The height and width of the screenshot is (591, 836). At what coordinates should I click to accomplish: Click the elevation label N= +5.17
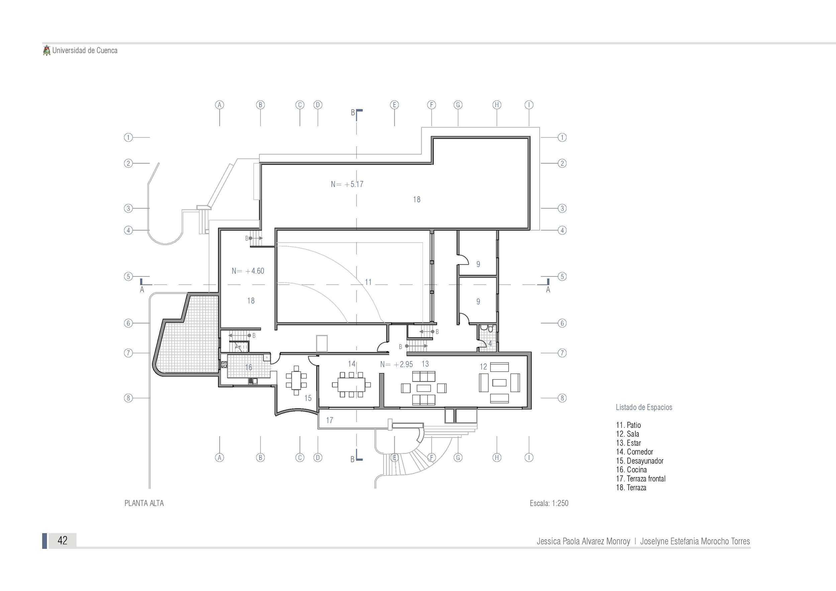347,185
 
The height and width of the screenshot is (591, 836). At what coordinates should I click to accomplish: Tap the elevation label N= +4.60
248,271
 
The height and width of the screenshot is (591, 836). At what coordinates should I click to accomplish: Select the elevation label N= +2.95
397,364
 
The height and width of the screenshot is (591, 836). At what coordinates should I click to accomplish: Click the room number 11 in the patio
368,282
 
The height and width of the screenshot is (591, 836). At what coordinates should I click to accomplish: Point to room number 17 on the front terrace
329,420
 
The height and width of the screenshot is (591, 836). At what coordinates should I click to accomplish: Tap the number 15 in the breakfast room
308,398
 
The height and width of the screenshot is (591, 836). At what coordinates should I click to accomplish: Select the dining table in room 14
351,385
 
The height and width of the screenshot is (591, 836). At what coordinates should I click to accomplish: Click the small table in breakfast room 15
296,380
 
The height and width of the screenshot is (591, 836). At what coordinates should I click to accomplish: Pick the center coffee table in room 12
499,382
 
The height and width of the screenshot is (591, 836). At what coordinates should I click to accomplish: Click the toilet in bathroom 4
490,329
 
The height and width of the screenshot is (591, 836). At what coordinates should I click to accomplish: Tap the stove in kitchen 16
224,364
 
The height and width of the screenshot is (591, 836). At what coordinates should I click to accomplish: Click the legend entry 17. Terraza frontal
641,479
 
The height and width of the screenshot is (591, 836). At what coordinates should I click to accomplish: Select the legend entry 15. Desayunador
640,461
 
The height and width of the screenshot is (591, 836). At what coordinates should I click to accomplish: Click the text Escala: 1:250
549,503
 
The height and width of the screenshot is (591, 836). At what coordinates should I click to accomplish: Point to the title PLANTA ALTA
144,503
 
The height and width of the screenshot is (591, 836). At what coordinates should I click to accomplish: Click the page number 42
63,541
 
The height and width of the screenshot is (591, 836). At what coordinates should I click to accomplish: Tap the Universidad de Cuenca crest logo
46,50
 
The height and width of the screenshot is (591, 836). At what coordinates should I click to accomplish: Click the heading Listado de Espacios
644,407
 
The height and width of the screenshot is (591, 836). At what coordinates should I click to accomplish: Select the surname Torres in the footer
738,541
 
